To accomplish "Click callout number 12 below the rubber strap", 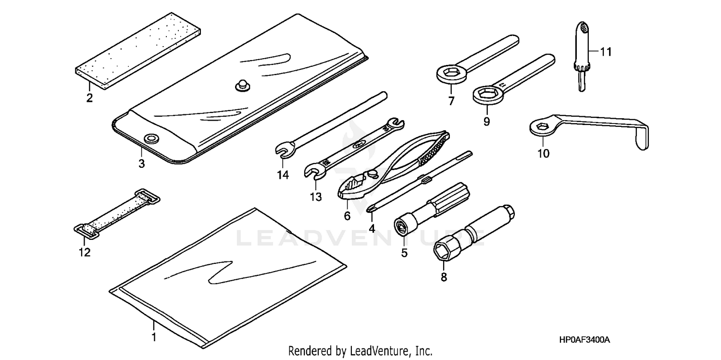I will pos(85,252).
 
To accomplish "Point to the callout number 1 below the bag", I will pos(154,337).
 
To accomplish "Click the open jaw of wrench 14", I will pos(282,151).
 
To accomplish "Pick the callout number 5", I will pos(404,252).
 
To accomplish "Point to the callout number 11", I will pos(606,52).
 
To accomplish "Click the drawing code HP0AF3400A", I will pos(584,340).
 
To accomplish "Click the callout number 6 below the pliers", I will pos(347,216).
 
